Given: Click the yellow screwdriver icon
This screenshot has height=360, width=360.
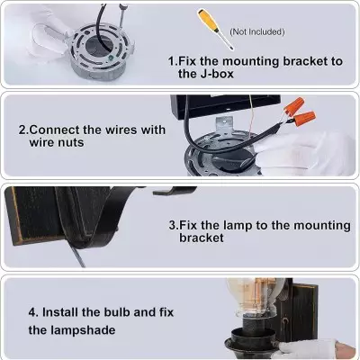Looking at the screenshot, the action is coord(215,29).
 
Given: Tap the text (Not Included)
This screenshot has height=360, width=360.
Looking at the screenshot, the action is coord(257,31).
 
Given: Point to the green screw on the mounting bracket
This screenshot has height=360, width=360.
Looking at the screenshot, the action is coord(110,57).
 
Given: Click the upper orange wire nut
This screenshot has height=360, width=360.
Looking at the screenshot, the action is coord(292,107).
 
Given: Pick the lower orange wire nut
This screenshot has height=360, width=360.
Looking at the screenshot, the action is coord(306,117).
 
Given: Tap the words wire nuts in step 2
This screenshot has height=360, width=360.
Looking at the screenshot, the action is coord(57,143).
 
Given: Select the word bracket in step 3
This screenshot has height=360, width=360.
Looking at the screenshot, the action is coord(202,238).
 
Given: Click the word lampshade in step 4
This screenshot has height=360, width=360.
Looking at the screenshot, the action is coord(83,330).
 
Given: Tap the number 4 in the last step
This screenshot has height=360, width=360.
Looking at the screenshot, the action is coord(32,312).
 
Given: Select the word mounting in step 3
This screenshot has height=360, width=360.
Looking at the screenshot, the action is coord(321,226).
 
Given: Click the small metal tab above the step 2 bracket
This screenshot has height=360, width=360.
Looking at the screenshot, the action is coord(224,125).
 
